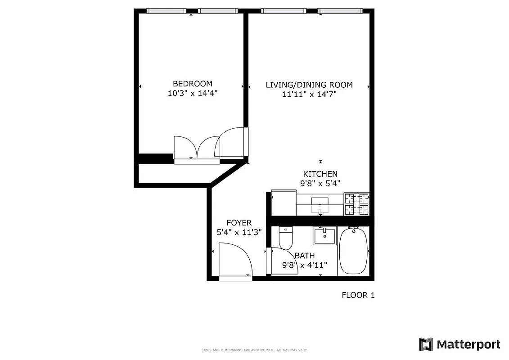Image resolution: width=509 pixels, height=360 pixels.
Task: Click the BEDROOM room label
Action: point(192,84)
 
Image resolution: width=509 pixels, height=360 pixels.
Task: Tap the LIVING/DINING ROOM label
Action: point(309,85)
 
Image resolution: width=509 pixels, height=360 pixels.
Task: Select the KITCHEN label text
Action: point(320,174)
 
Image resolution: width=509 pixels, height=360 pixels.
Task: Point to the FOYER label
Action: point(239,223)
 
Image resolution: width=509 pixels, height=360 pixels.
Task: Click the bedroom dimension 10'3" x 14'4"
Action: point(192,94)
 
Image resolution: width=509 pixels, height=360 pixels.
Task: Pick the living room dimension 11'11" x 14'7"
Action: point(309,94)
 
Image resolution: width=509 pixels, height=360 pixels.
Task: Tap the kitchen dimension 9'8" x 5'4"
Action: point(320,183)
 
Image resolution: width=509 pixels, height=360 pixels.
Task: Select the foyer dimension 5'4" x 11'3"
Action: point(239,232)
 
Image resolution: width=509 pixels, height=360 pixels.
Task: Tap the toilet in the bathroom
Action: point(286,237)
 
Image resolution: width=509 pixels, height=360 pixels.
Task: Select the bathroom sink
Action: point(324,236)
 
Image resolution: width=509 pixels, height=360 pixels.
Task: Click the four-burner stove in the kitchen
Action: point(356,204)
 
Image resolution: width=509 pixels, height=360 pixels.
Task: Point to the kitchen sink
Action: point(320,203)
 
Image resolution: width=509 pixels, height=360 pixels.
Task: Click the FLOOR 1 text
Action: point(358,295)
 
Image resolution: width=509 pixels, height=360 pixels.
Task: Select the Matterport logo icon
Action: point(426,344)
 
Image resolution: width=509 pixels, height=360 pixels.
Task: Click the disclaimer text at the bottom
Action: point(254,350)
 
